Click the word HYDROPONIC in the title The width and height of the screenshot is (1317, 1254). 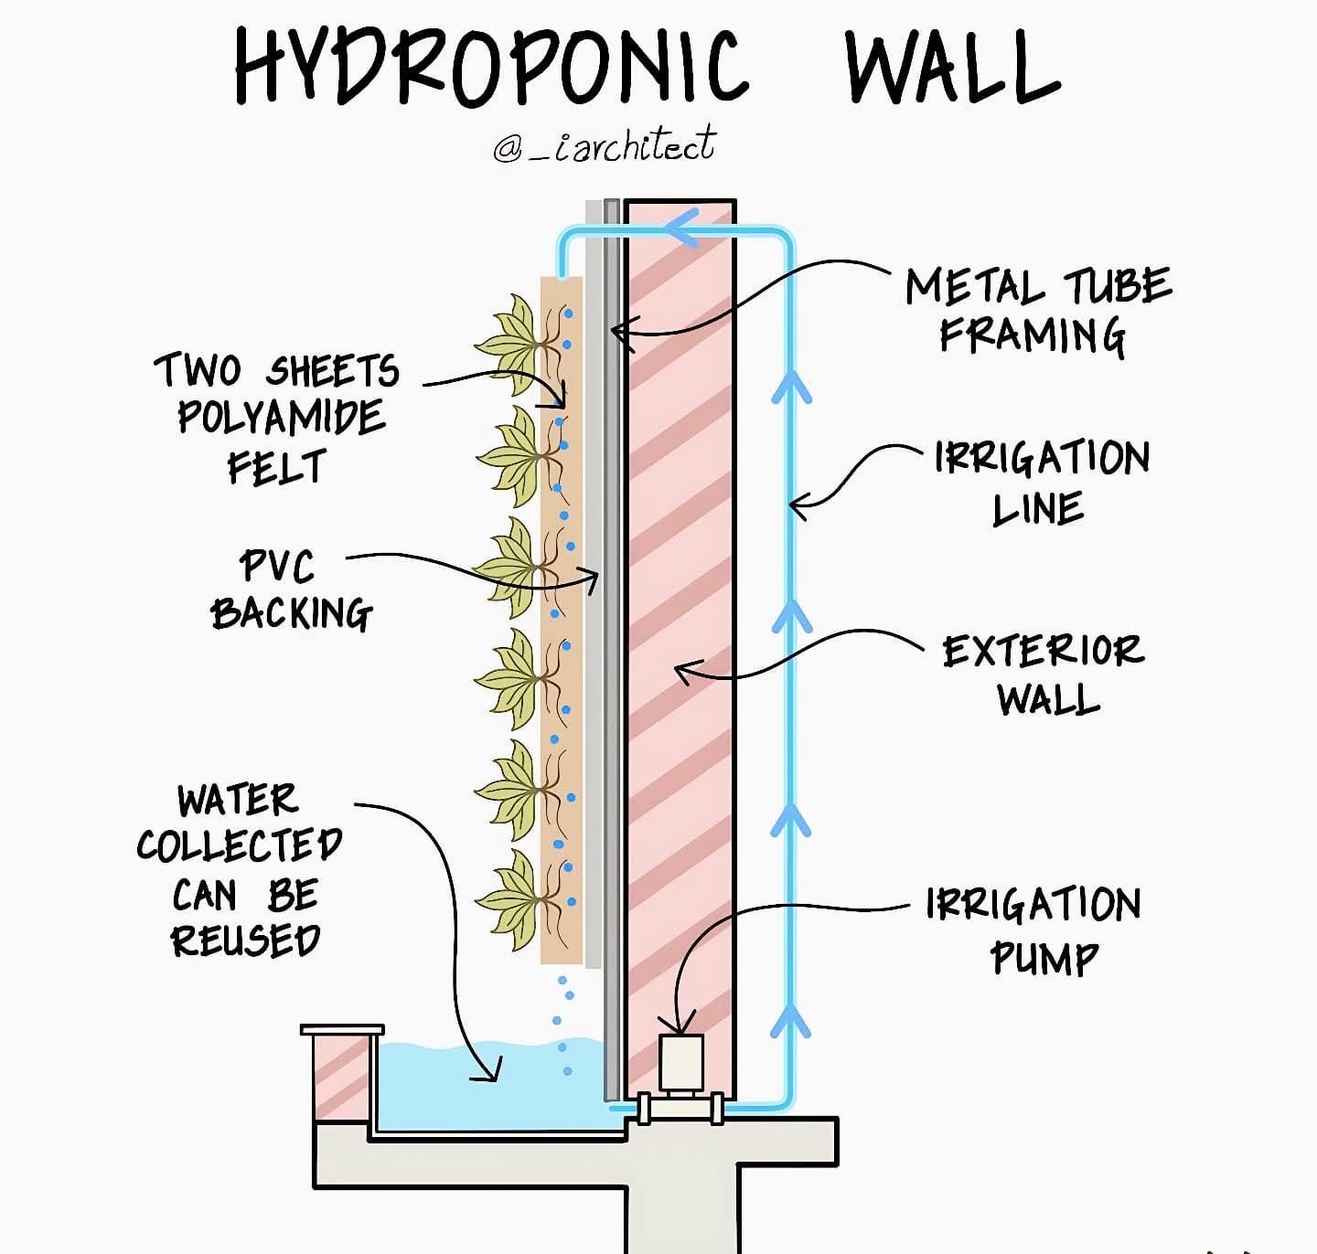pos(490,67)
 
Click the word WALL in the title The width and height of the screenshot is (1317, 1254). pos(952,67)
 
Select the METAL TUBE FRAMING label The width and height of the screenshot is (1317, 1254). pos(1038,311)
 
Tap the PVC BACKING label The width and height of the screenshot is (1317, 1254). pos(291,590)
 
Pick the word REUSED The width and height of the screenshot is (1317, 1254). pos(246,940)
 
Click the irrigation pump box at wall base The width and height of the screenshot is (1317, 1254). pos(681,1063)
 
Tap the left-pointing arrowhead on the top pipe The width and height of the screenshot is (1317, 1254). pos(682,229)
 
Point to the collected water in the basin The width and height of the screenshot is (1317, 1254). pos(489,1085)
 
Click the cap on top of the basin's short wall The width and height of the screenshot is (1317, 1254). pos(342,1029)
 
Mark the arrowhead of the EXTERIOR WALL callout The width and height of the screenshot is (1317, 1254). pos(686,671)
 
